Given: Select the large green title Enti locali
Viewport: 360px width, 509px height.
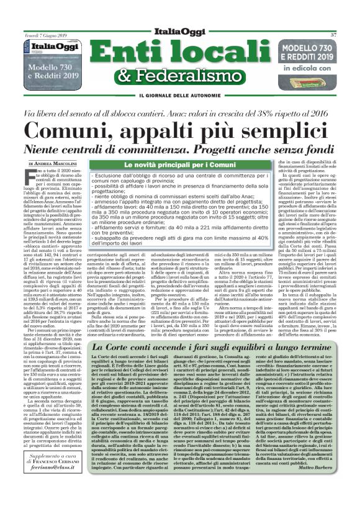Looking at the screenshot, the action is (x=179, y=52).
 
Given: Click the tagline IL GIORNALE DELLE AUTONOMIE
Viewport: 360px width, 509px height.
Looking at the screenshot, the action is (x=179, y=94).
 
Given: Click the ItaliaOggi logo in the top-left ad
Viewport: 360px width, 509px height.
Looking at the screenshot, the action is (x=55, y=46).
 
